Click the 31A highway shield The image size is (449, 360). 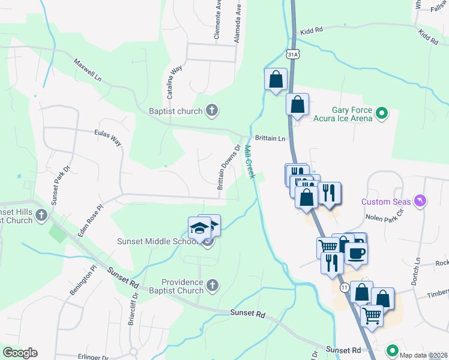pyautogui.click(x=293, y=54)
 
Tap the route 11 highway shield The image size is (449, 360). pyautogui.click(x=343, y=288)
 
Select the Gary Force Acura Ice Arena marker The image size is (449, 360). pyautogui.click(x=381, y=113)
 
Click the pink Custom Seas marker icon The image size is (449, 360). pyautogui.click(x=420, y=200)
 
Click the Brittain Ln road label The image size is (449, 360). pyautogui.click(x=270, y=138)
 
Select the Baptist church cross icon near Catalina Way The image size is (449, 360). pyautogui.click(x=211, y=110)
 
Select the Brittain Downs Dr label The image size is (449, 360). pyautogui.click(x=229, y=167)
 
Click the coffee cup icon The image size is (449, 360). pyautogui.click(x=356, y=253)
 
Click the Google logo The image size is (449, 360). pyautogui.click(x=20, y=353)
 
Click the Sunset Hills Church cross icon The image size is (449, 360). pyautogui.click(x=41, y=215)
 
